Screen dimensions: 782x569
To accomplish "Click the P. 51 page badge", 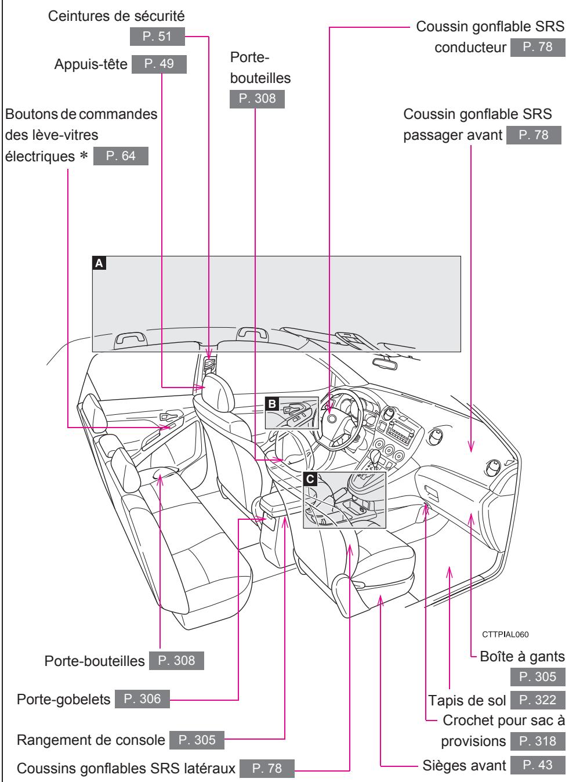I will (x=158, y=38).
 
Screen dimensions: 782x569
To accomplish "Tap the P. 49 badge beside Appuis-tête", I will (x=160, y=64).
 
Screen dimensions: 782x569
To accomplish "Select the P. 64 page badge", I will (x=121, y=157).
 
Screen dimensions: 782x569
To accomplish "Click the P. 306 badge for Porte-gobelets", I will (x=142, y=700).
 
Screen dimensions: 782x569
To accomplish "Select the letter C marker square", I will (x=310, y=479).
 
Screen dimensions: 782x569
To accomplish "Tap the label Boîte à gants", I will (x=523, y=656).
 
